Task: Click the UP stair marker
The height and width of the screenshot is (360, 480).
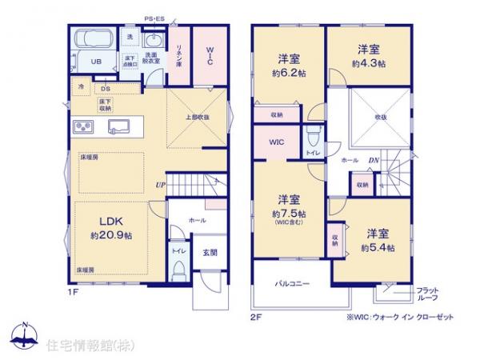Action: click(161, 186)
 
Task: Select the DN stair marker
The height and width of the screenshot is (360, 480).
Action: click(373, 160)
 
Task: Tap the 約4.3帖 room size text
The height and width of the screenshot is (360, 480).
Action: click(368, 62)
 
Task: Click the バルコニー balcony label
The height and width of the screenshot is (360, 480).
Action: click(293, 284)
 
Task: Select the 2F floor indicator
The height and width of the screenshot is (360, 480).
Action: click(254, 315)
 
